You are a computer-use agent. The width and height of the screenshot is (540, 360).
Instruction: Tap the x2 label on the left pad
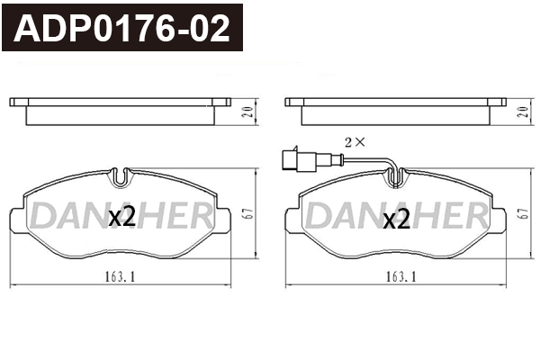coord(121,217)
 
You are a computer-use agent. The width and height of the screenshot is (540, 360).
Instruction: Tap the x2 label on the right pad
coord(396,219)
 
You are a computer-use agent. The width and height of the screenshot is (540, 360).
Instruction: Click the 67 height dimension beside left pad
coord(245,213)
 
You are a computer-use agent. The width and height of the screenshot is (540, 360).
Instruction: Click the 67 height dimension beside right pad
coord(523,213)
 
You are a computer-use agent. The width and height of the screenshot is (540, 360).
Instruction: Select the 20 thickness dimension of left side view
coord(245,112)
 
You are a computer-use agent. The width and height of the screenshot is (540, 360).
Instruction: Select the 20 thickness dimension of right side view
coord(523,112)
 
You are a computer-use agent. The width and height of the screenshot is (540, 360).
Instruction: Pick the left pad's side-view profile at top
coord(121,110)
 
